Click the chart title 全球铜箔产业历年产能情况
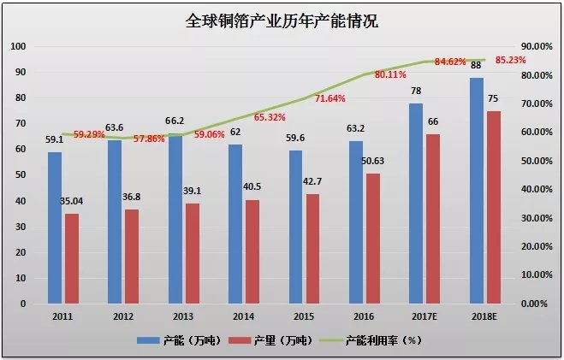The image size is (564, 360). coord(282,21)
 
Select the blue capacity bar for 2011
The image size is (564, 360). coord(55,227)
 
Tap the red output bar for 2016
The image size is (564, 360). coord(373,239)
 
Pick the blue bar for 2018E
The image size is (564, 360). coord(476,191)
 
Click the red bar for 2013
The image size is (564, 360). coord(193,254)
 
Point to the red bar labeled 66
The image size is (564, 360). coord(433,219)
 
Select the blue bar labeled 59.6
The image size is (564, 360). coord(295,227)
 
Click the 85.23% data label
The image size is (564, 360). coord(510,60)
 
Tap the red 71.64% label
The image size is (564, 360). coord(329,98)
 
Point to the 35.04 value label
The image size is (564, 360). coord(71,201)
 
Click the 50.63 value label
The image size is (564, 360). coord(372,161)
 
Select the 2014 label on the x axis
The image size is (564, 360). coord(244,316)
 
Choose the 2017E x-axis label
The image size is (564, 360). coord(424,316)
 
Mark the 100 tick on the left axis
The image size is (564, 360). coord(18,46)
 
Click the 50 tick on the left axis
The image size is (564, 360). coord(21,175)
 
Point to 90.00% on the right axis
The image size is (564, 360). coord(537,46)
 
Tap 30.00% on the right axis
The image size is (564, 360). coord(537,218)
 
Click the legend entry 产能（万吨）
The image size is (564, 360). coord(179,340)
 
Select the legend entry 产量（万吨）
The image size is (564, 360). coord(270,340)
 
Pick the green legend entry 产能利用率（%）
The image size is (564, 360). coord(371,340)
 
